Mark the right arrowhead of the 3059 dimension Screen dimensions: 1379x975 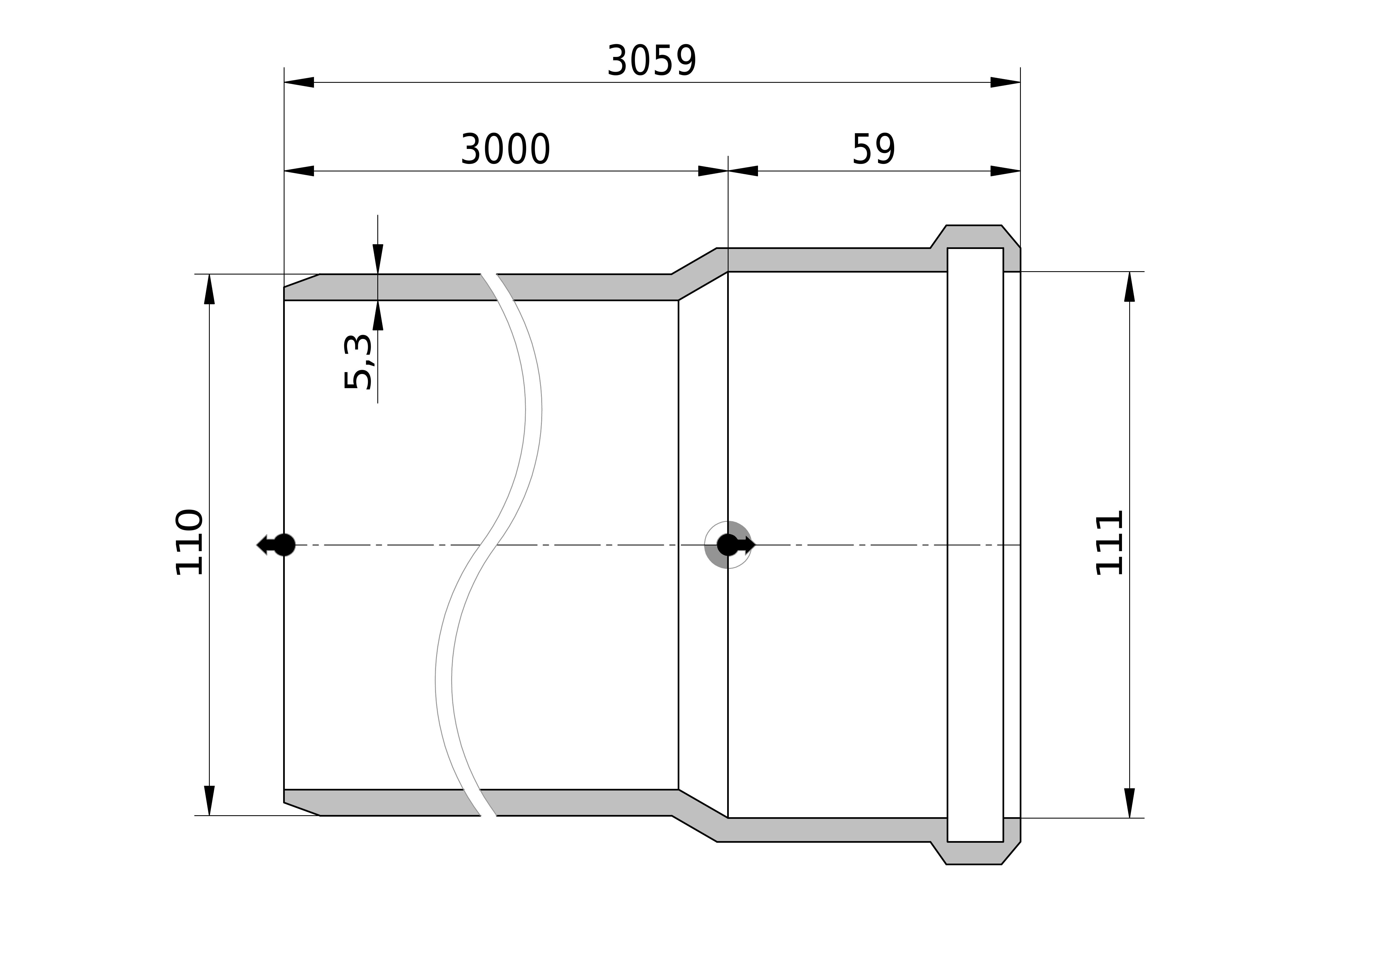pos(1005,82)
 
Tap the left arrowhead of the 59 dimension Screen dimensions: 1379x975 pos(743,171)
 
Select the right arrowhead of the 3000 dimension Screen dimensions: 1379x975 pos(713,171)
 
